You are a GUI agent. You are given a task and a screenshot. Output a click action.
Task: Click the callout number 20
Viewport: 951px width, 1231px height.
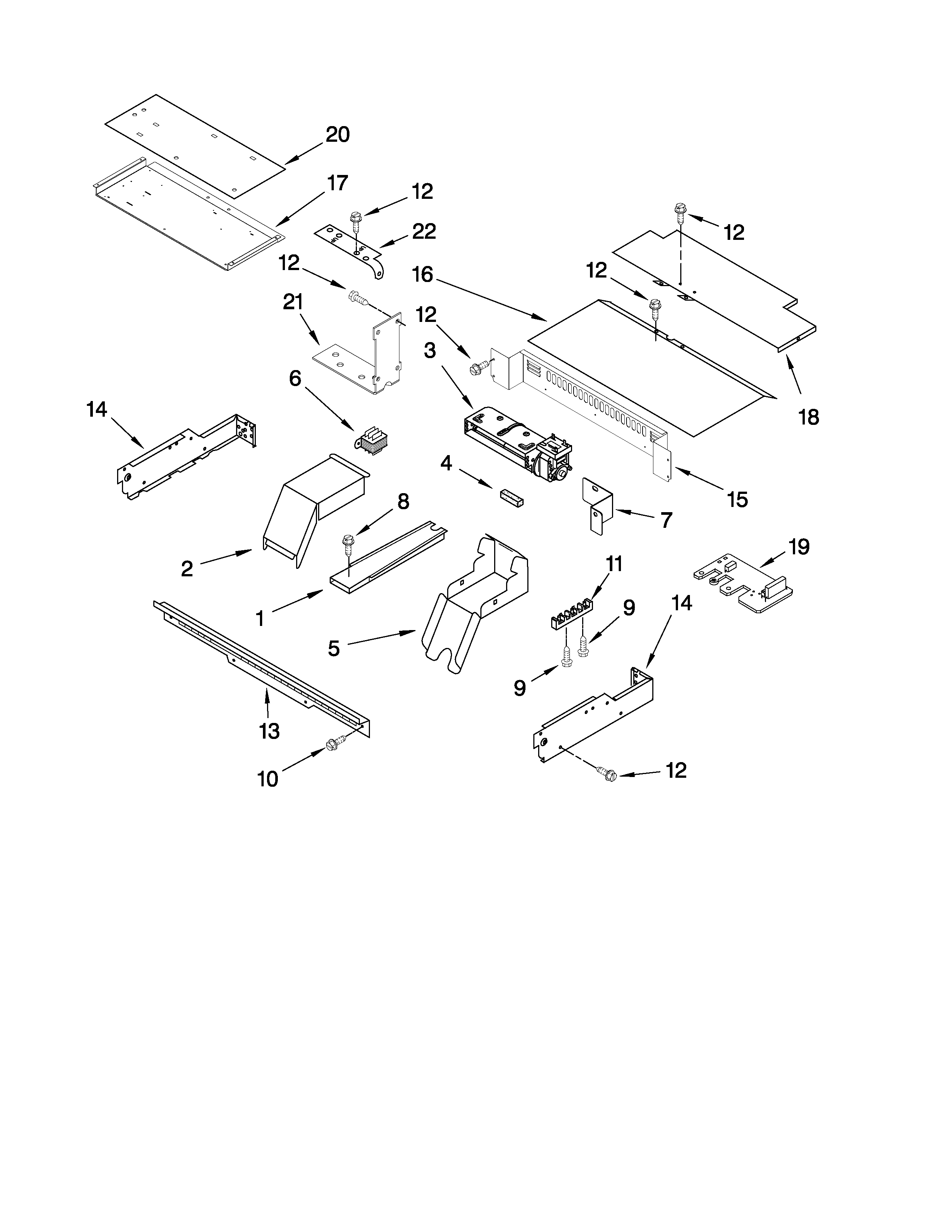(338, 134)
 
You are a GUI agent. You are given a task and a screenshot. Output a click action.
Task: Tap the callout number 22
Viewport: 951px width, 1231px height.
(424, 231)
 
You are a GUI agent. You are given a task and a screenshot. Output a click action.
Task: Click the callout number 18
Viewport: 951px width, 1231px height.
(809, 417)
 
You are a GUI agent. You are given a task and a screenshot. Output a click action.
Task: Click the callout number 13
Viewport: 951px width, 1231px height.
(269, 731)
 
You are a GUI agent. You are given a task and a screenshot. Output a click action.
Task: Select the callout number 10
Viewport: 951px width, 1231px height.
(268, 779)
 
